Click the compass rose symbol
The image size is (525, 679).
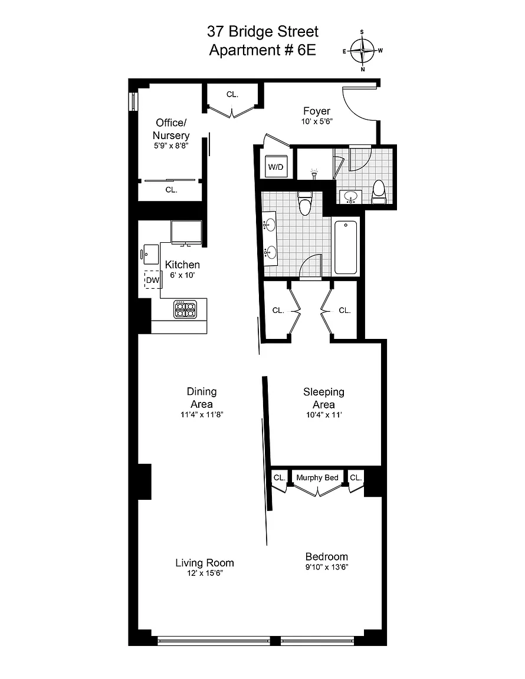pyautogui.click(x=362, y=51)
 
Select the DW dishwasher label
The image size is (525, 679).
pyautogui.click(x=153, y=280)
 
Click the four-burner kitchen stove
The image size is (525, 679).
pyautogui.click(x=186, y=309)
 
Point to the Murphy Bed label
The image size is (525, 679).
pyautogui.click(x=317, y=477)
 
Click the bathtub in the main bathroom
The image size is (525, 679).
pyautogui.click(x=346, y=248)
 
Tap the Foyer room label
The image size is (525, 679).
pyautogui.click(x=316, y=111)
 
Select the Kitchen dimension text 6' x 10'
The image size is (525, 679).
pyautogui.click(x=182, y=275)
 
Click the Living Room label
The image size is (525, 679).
pyautogui.click(x=205, y=562)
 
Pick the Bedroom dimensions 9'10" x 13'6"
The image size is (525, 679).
pyautogui.click(x=327, y=567)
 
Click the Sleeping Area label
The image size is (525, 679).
pyautogui.click(x=324, y=398)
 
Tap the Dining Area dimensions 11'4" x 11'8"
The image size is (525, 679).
pyautogui.click(x=202, y=414)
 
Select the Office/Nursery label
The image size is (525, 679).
pyautogui.click(x=171, y=128)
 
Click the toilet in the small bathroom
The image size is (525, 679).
pyautogui.click(x=379, y=192)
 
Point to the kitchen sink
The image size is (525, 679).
pyautogui.click(x=150, y=254)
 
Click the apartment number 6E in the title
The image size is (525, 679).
pyautogui.click(x=307, y=50)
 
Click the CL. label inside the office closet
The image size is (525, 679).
pyautogui.click(x=171, y=190)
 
